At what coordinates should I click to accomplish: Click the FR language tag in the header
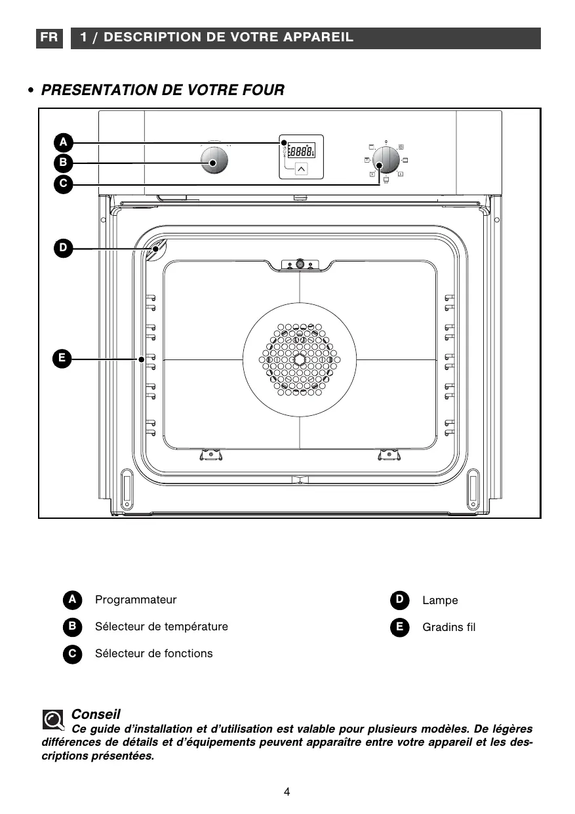pos(49,37)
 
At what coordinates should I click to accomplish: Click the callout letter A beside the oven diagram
pos(63,142)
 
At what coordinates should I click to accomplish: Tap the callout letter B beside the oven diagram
pos(63,163)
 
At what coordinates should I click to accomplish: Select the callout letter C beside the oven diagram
pos(63,184)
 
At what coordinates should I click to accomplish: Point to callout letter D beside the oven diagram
pos(63,248)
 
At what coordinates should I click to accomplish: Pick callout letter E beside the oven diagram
pos(62,358)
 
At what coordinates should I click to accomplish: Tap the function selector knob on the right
pos(386,159)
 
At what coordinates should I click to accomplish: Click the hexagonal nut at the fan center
pos(300,359)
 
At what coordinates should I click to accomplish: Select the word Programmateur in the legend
pos(136,600)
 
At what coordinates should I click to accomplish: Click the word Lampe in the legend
pos(440,600)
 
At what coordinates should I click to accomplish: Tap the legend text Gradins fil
pos(448,627)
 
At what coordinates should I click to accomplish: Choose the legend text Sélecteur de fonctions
pos(153,653)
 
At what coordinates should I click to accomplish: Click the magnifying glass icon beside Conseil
pos(52,720)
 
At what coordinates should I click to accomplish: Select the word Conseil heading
pos(96,714)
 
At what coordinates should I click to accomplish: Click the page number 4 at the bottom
pos(287,791)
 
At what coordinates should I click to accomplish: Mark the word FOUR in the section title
pos(262,90)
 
